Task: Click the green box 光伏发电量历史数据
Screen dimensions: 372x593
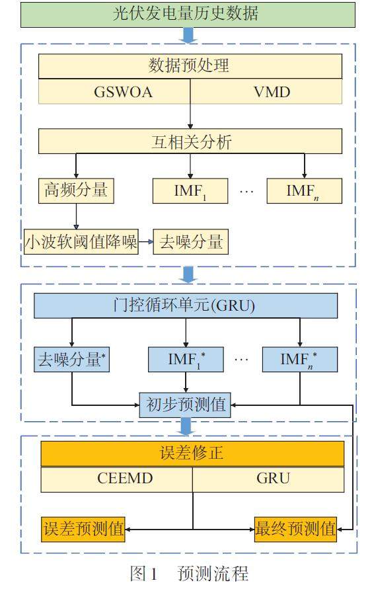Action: click(188, 15)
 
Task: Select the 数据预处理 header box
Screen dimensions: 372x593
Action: click(190, 66)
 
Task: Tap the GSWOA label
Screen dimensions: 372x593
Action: click(124, 92)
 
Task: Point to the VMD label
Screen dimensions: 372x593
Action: click(272, 92)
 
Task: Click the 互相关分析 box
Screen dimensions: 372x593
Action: click(190, 141)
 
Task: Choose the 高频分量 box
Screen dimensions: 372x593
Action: click(76, 191)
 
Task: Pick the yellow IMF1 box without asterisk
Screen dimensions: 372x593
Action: click(190, 191)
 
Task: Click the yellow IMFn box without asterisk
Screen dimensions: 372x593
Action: click(305, 191)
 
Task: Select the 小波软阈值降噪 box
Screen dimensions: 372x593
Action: click(81, 241)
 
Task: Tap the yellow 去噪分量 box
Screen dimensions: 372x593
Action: click(190, 241)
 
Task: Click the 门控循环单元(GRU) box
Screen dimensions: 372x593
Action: click(186, 305)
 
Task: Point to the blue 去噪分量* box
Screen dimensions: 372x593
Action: click(71, 359)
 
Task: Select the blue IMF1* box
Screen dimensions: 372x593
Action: click(186, 359)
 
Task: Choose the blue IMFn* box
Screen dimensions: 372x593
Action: click(300, 359)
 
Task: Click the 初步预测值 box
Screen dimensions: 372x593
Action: click(185, 405)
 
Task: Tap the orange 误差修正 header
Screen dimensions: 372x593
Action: click(192, 454)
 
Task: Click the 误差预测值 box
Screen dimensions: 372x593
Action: click(83, 529)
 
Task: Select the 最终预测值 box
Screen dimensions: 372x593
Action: click(295, 529)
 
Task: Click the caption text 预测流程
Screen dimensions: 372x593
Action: click(213, 573)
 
